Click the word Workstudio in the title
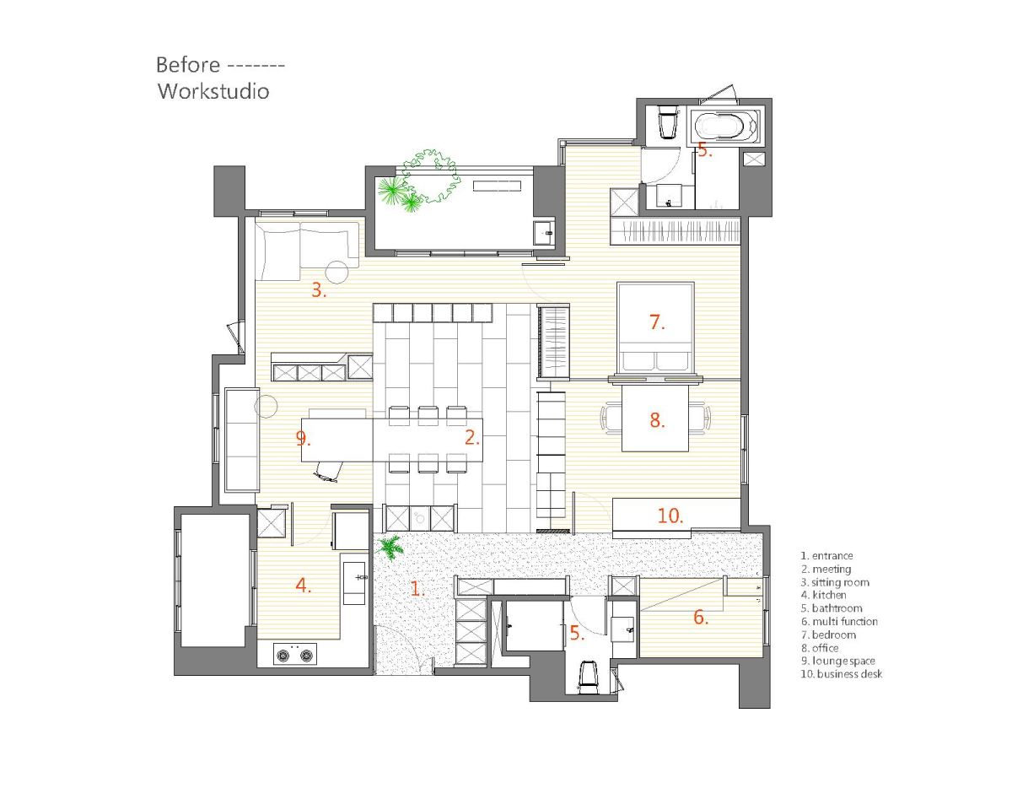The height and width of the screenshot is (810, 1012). click(x=213, y=91)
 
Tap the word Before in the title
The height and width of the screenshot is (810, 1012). click(x=187, y=65)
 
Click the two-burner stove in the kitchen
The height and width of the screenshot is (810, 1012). click(x=295, y=654)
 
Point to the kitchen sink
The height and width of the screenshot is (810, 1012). click(x=354, y=583)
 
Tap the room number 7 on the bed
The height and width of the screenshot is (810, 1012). click(x=657, y=322)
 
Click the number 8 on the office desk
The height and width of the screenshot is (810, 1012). click(x=657, y=420)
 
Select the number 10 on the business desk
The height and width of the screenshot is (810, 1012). click(x=670, y=516)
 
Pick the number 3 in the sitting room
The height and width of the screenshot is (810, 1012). click(x=319, y=290)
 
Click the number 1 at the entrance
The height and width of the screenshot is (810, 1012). click(x=417, y=589)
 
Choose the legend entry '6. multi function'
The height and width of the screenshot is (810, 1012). click(x=839, y=621)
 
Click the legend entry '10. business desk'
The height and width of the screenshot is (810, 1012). click(x=841, y=674)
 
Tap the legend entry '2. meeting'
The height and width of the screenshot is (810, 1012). click(x=826, y=569)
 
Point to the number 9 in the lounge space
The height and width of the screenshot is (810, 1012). click(x=304, y=439)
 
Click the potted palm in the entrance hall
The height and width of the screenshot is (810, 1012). click(x=390, y=548)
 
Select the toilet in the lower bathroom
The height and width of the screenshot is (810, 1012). click(x=588, y=678)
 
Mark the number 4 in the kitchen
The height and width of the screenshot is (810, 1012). click(x=304, y=586)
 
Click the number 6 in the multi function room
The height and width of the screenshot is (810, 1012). click(x=701, y=617)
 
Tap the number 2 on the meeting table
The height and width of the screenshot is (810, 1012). click(x=471, y=438)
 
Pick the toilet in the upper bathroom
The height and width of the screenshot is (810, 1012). click(x=668, y=121)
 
